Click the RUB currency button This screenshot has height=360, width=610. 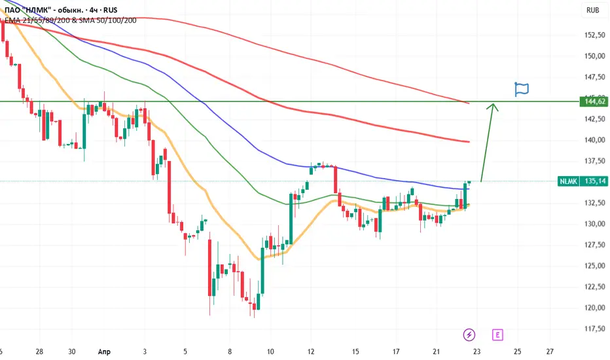click(x=592, y=10)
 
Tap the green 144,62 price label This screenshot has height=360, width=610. click(x=594, y=101)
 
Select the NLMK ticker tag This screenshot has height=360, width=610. click(x=568, y=181)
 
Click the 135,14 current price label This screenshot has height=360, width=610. click(x=594, y=181)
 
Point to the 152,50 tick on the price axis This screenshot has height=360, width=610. click(x=595, y=35)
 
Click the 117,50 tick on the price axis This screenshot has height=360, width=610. click(x=595, y=329)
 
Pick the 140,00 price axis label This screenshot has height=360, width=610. click(x=595, y=139)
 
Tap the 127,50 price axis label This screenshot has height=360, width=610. click(x=595, y=245)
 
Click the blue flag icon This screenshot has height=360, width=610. click(x=521, y=89)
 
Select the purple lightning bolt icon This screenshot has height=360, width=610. click(x=469, y=334)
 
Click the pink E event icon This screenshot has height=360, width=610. click(x=497, y=334)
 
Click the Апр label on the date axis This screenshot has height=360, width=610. click(x=104, y=352)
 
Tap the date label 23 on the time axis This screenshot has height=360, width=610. click(x=476, y=351)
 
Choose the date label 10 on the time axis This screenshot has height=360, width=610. click(x=270, y=351)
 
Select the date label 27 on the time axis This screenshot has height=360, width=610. click(x=550, y=351)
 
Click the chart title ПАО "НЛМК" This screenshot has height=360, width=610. click(x=27, y=10)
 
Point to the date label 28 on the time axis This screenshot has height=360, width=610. click(x=39, y=351)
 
